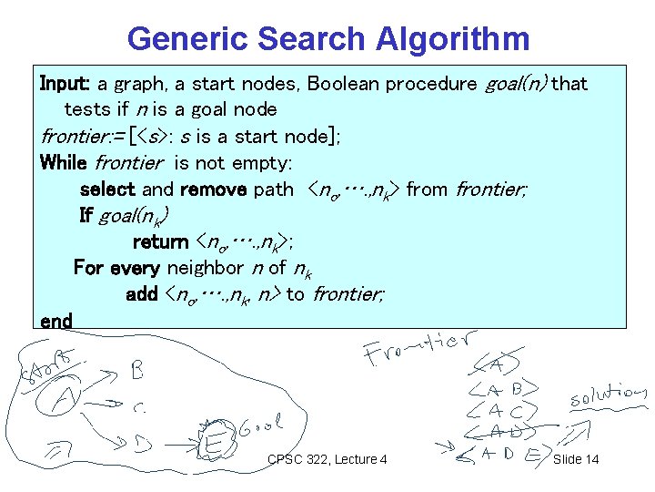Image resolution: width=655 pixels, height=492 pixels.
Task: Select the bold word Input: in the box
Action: [x=65, y=84]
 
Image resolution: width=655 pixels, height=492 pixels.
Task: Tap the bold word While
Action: [x=65, y=163]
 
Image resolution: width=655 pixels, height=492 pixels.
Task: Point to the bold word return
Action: [x=160, y=241]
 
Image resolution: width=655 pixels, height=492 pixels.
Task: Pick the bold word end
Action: [x=56, y=321]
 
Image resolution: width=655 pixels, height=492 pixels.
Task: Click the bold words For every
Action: [x=116, y=268]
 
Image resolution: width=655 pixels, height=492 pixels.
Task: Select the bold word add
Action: [x=142, y=294]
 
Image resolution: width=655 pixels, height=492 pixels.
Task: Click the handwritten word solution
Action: [x=607, y=398]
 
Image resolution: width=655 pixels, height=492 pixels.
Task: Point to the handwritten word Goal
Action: [x=262, y=425]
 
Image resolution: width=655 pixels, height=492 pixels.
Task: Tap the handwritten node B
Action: [x=137, y=371]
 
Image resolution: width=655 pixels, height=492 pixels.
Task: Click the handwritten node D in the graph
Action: [x=141, y=444]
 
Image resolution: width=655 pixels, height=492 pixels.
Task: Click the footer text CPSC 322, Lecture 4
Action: [x=327, y=458]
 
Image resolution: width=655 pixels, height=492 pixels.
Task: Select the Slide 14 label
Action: [x=576, y=458]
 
